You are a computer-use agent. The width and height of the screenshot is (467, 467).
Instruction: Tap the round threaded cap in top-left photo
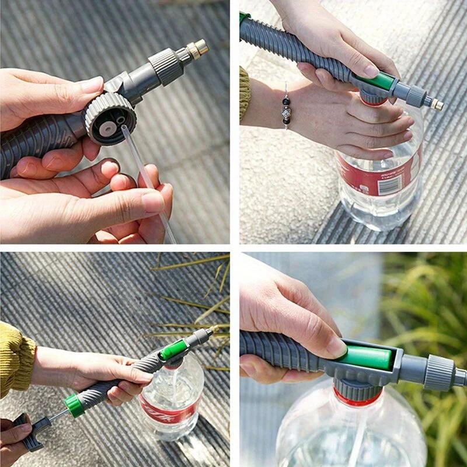click(110, 117)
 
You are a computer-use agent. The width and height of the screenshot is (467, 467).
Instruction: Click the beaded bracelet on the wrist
click(285, 108)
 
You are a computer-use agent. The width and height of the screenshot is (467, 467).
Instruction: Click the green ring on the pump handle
click(74, 405)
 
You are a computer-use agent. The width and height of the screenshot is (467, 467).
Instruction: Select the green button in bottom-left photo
click(173, 350)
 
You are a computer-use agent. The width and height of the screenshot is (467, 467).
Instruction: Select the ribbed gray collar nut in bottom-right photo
click(440, 372)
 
